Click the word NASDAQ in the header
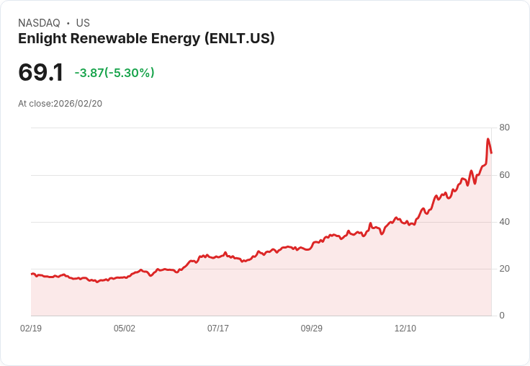pyautogui.click(x=39, y=23)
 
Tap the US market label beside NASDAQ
pyautogui.click(x=83, y=23)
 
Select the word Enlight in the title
pyautogui.click(x=42, y=39)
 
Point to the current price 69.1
pyautogui.click(x=41, y=73)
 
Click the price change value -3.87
pyautogui.click(x=89, y=73)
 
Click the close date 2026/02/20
pyautogui.click(x=78, y=104)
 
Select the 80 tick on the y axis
pyautogui.click(x=504, y=128)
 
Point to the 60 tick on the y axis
pyautogui.click(x=504, y=175)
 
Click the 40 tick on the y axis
pyautogui.click(x=504, y=222)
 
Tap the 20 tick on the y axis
pyautogui.click(x=504, y=269)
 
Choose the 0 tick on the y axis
pyautogui.click(x=502, y=316)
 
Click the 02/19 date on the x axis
pyautogui.click(x=31, y=329)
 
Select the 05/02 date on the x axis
pyautogui.click(x=125, y=329)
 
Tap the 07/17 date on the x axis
pyautogui.click(x=218, y=329)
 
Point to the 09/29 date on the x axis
pyautogui.click(x=312, y=329)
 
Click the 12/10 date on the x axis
pyautogui.click(x=405, y=329)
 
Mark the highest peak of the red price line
pyautogui.click(x=488, y=139)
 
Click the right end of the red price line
pyautogui.click(x=491, y=153)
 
